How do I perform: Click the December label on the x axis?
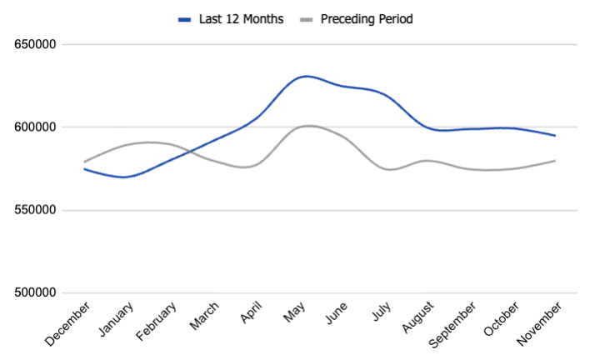(64, 324)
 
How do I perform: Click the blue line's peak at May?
(307, 76)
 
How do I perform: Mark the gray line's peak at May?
(307, 126)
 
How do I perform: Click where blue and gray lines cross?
(189, 150)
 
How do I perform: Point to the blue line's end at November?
(555, 136)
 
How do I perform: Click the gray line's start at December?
(84, 162)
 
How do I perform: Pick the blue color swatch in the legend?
(184, 18)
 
